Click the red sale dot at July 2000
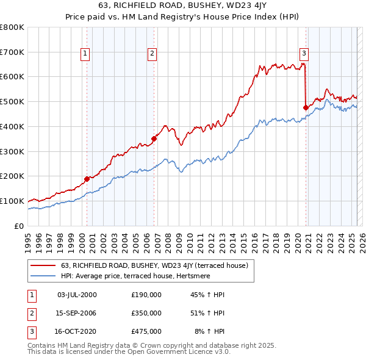(x=87, y=179)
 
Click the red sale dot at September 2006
(x=154, y=139)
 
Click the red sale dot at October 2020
(x=306, y=107)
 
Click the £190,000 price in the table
(x=146, y=295)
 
